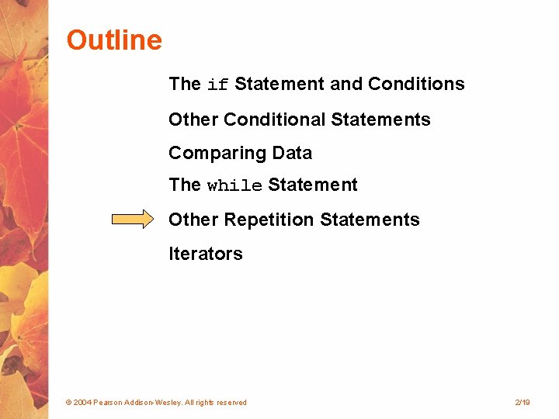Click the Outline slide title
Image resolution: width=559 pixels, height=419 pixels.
(x=114, y=40)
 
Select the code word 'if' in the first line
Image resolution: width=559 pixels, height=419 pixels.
(x=218, y=85)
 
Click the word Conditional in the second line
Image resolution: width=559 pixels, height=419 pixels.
(x=275, y=119)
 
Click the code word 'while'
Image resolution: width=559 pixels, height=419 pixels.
(x=234, y=186)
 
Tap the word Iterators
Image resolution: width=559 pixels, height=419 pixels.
(x=206, y=254)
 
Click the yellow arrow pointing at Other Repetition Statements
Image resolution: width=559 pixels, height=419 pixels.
(x=133, y=220)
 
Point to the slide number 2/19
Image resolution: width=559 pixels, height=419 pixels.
(x=522, y=403)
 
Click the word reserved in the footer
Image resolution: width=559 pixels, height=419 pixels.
(x=231, y=403)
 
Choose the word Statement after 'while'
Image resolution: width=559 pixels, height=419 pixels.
(x=313, y=185)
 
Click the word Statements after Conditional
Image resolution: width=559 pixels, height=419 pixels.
(x=380, y=119)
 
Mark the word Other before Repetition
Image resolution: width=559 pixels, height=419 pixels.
(x=193, y=220)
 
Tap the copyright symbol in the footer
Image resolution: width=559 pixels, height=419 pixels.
(x=68, y=403)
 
